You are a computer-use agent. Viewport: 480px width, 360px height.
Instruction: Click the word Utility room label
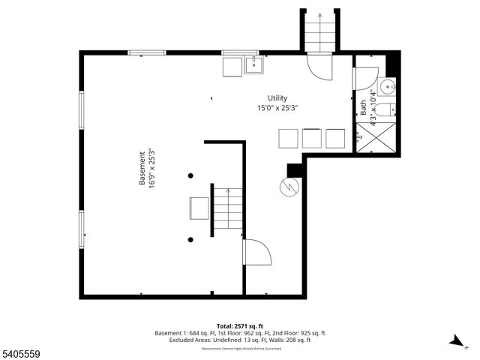click(x=278, y=98)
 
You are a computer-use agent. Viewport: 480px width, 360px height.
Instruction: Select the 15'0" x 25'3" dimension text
click(x=278, y=108)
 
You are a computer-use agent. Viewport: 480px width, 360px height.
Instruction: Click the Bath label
click(x=364, y=107)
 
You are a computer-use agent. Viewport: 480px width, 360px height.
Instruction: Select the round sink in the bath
click(x=387, y=87)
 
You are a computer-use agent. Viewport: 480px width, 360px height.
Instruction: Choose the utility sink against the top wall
click(x=253, y=65)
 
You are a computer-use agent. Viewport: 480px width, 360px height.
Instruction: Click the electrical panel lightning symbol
click(x=289, y=187)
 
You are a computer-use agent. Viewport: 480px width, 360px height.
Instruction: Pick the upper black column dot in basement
click(x=191, y=175)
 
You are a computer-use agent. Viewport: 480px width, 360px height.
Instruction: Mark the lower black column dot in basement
click(x=191, y=239)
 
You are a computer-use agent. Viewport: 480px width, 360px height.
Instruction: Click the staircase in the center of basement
click(x=225, y=208)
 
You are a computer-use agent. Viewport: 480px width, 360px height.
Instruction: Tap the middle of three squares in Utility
click(x=311, y=138)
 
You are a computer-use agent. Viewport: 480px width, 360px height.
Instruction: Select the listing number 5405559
click(x=20, y=352)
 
